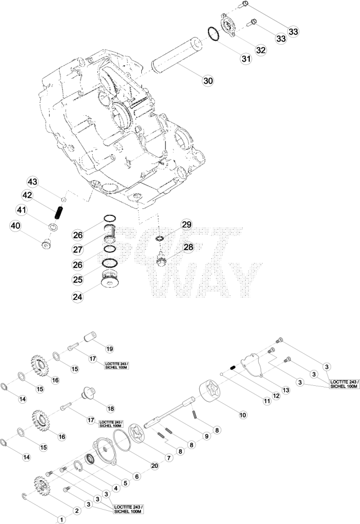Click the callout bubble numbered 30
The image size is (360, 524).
(208, 80)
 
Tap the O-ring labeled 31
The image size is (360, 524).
(213, 34)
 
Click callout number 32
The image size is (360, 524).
(261, 50)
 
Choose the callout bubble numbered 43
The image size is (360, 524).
(32, 182)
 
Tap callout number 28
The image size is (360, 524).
(188, 247)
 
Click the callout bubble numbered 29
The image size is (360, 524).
(187, 225)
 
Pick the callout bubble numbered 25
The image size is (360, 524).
(78, 279)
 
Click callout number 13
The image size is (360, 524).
(286, 389)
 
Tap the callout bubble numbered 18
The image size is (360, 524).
(111, 409)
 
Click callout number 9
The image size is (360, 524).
(206, 436)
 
